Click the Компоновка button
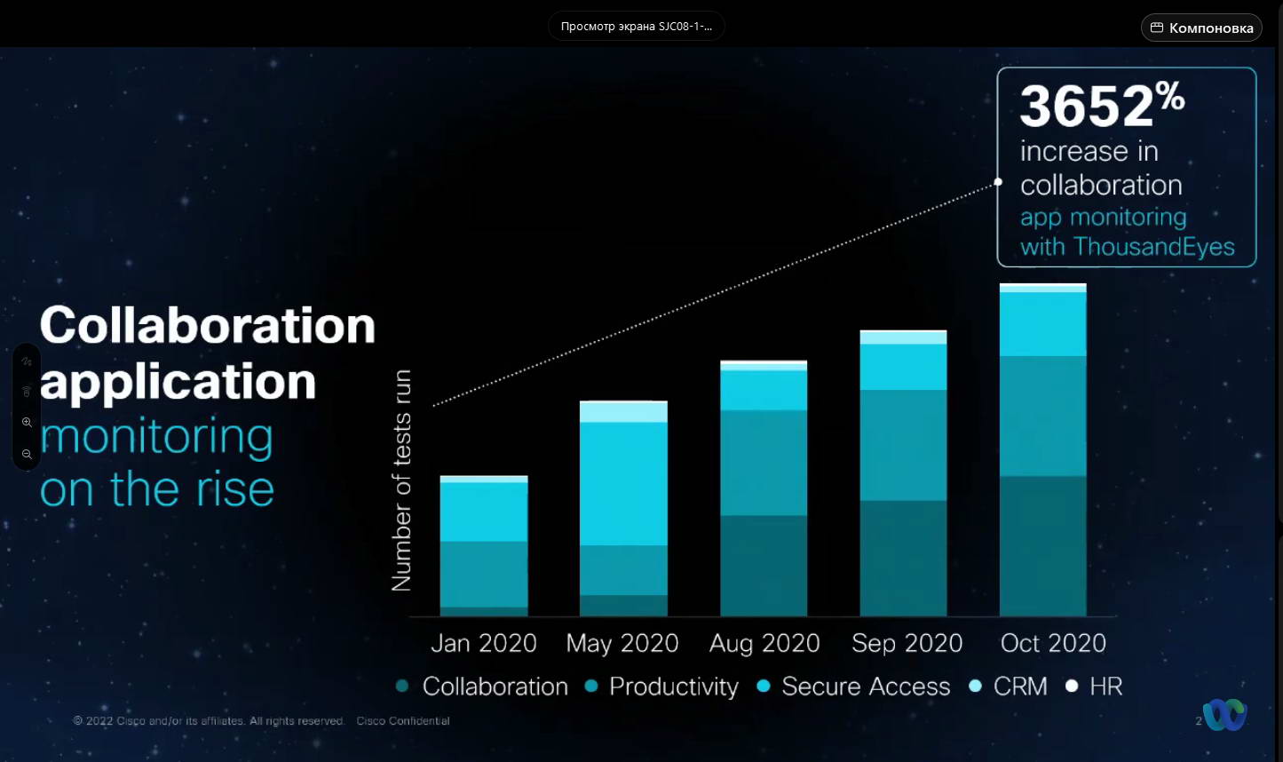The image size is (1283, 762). (1201, 28)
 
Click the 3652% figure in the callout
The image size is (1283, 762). (1102, 106)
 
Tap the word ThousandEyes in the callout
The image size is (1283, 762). (1153, 246)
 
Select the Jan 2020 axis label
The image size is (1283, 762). (484, 643)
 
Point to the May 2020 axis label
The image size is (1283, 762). (622, 643)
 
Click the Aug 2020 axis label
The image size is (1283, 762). (764, 643)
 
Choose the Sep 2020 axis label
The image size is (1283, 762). (907, 643)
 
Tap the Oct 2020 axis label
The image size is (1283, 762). (1053, 643)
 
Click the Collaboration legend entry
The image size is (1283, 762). (495, 687)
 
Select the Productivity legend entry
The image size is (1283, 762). (673, 687)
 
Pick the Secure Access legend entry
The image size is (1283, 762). (865, 687)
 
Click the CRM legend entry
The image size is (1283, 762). (1019, 687)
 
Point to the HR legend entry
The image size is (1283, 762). (1105, 687)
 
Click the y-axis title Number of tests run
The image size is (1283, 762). (402, 480)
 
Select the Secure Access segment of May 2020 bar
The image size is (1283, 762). (623, 483)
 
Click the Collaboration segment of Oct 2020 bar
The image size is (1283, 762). (1042, 545)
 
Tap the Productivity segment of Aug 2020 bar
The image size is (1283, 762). (764, 462)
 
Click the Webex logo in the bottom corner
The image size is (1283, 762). (1225, 715)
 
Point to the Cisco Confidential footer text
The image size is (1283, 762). (403, 721)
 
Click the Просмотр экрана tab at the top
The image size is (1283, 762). (636, 27)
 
